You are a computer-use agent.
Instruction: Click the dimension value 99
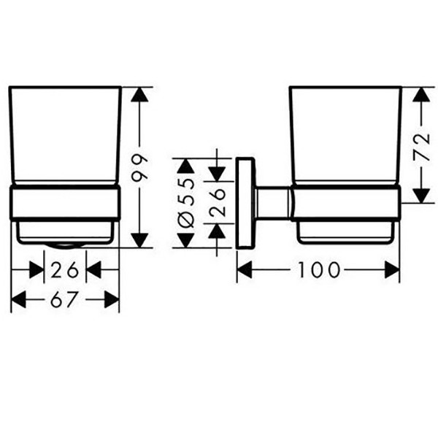139,167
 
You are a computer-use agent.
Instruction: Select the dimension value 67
64,299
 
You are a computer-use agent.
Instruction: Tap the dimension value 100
319,270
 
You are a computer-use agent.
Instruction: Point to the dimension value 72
421,147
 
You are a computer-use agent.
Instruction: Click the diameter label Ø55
185,203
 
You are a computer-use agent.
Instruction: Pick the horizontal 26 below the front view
65,270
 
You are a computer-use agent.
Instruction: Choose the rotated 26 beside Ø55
217,202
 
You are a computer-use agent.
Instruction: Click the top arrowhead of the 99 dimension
139,94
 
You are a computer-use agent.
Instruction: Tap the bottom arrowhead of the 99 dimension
139,240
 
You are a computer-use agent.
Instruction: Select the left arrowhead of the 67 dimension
18,299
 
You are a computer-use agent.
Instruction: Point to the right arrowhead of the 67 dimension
112,299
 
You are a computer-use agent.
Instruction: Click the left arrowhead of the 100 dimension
245,270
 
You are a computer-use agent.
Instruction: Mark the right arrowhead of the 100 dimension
392,270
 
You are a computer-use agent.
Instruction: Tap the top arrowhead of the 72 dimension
421,94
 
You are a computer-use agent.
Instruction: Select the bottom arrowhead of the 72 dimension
421,196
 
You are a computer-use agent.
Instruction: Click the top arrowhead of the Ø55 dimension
185,166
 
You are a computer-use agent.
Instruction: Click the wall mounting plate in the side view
245,203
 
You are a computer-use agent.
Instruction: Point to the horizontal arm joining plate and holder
272,202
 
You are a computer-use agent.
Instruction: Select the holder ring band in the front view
65,202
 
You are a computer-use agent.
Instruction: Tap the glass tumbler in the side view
345,136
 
